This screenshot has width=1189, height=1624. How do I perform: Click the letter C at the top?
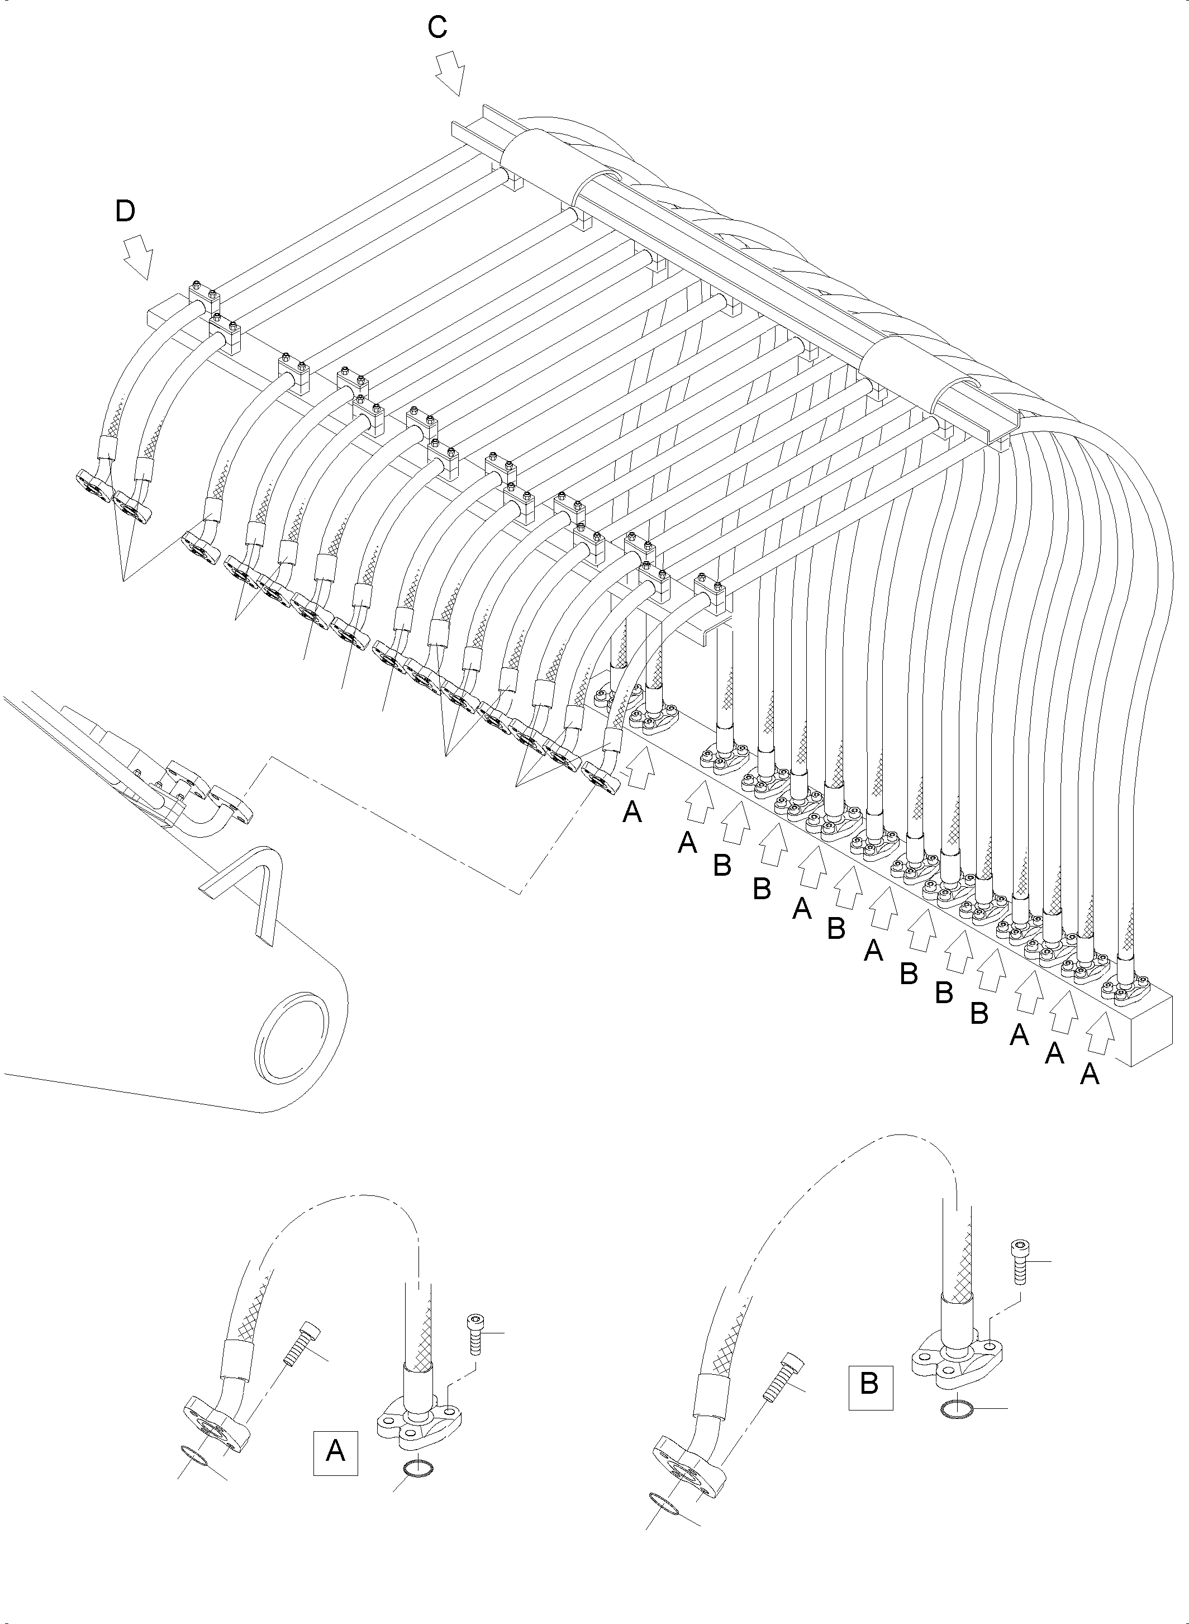click(437, 28)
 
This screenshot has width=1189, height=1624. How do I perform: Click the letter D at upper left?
click(125, 212)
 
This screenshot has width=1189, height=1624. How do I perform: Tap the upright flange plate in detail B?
click(949, 1362)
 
